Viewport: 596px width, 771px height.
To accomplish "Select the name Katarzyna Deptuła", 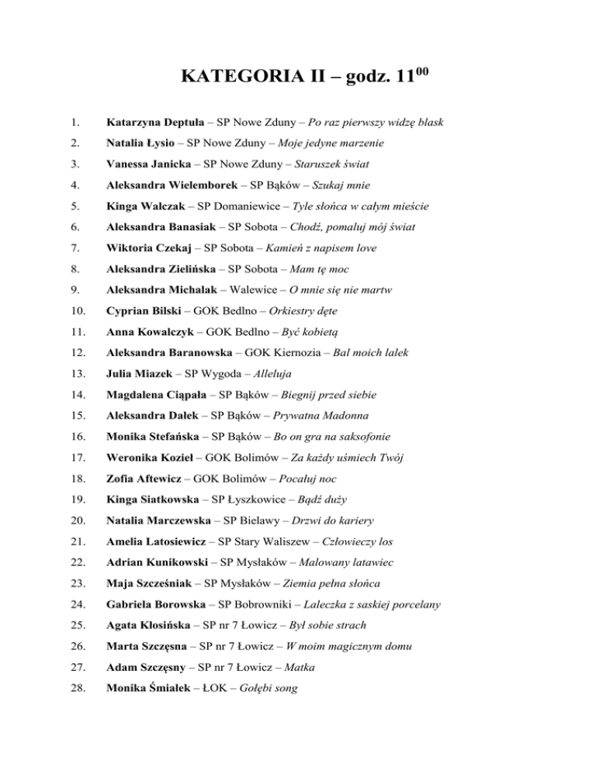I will click(158, 123).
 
